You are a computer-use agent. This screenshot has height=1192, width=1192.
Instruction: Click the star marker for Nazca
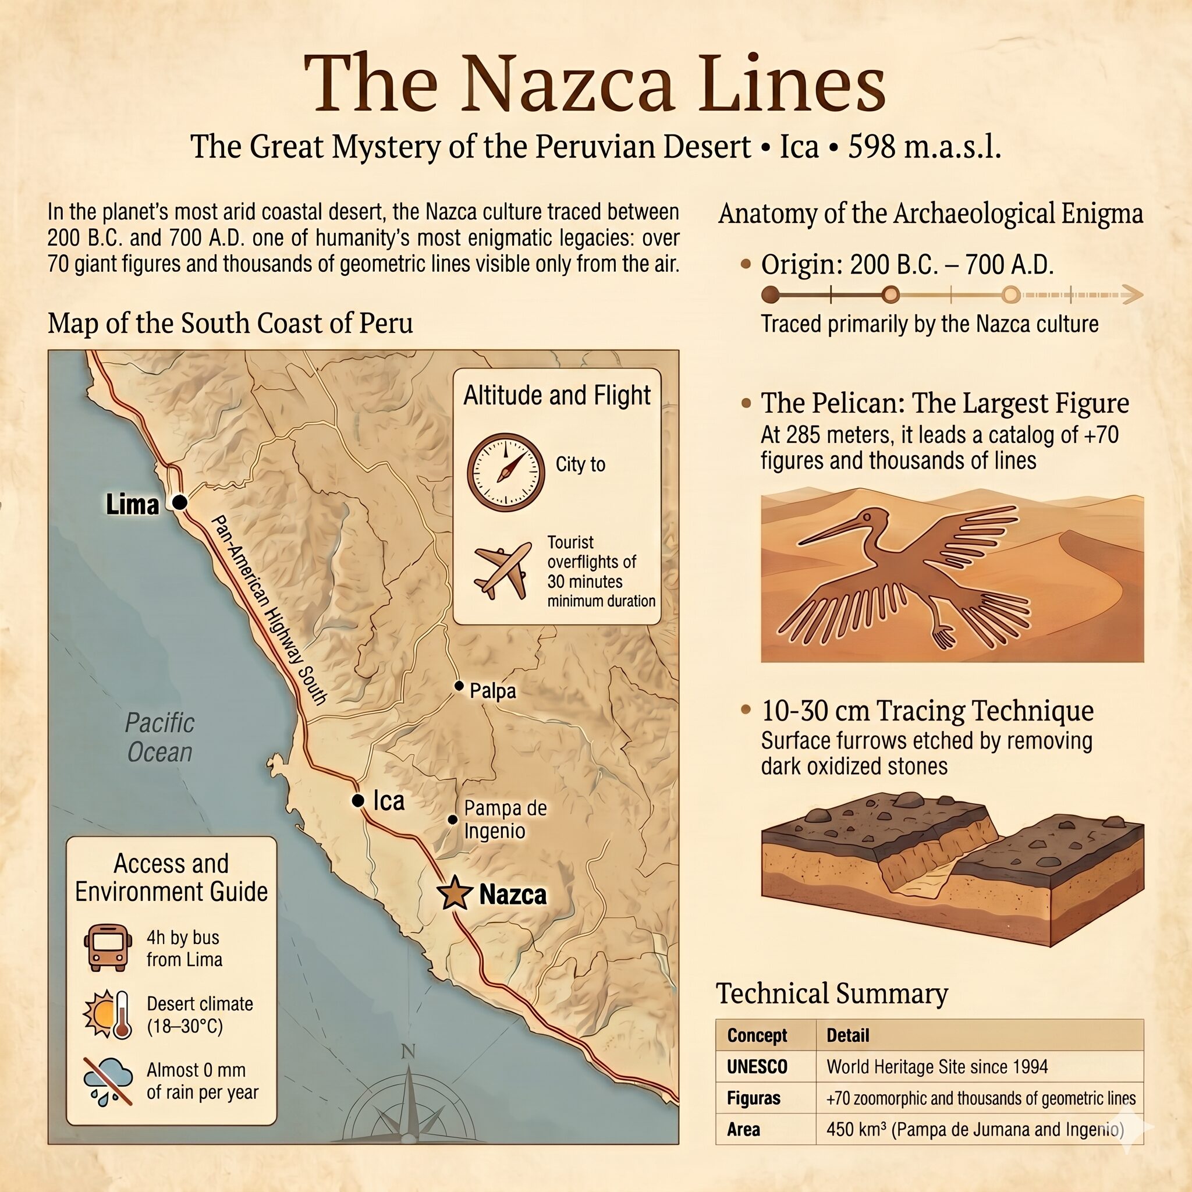pos(454,893)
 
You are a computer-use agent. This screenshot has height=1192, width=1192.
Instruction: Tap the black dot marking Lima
pos(179,503)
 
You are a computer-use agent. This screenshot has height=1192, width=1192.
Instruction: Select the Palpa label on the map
pos(492,690)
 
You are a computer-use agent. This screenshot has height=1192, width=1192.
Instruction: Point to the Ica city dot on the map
pos(358,800)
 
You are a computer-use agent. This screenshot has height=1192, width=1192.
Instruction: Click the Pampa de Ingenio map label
pos(505,819)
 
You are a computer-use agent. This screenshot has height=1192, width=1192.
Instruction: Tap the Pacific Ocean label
pos(159,737)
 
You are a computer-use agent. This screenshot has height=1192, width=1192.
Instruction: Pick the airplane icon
pos(502,571)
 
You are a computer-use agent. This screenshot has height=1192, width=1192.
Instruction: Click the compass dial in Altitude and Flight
pos(505,471)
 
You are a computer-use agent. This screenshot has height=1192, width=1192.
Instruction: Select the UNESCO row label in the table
pos(757,1066)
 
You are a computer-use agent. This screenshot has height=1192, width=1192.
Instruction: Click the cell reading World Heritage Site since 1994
pos(936,1066)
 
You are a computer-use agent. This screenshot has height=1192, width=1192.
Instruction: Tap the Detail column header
pos(847,1035)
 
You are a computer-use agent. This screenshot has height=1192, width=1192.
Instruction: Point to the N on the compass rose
pos(408,1051)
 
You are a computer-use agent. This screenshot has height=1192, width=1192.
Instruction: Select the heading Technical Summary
pos(832,994)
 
